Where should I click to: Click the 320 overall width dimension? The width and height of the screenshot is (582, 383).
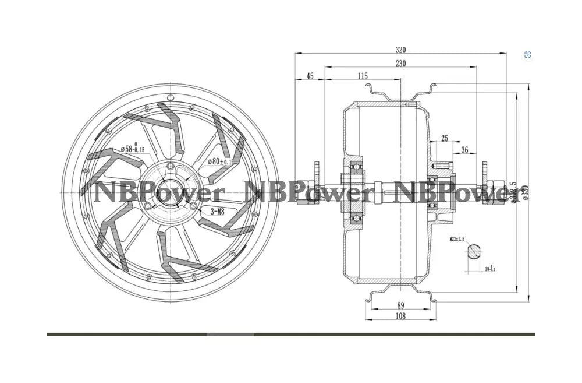coord(400,50)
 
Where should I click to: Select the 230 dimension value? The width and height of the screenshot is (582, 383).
coord(400,64)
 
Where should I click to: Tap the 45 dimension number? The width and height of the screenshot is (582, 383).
coord(310,76)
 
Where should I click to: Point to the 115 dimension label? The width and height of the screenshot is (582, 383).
coord(363,76)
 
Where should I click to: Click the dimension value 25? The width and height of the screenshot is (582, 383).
coord(445,138)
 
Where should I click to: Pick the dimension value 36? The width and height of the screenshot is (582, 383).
coord(464,150)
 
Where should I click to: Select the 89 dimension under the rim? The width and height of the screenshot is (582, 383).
coord(400,305)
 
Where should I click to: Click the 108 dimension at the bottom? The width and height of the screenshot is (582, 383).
coord(400,317)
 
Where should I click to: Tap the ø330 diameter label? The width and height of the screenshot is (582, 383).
coord(525,192)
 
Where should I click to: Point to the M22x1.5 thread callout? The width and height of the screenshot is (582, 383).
coord(459,239)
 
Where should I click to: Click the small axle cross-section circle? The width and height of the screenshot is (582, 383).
coord(474,252)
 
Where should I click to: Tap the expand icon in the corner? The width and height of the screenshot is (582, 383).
coord(527,55)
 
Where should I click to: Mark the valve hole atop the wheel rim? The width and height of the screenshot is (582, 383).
coord(170,97)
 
